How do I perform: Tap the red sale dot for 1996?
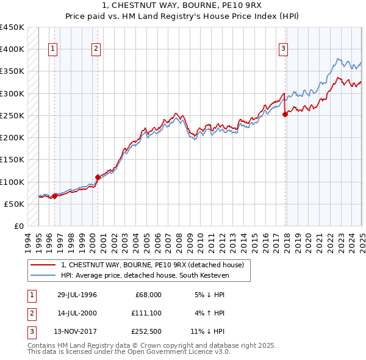54,196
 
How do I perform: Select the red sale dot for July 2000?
98,177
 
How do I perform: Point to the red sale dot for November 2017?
285,114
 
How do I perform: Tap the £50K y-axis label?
14,204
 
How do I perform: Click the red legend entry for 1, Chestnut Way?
152,265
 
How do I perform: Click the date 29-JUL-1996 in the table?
77,294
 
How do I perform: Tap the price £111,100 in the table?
145,313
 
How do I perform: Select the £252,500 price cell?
145,332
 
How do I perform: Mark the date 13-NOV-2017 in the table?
77,332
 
